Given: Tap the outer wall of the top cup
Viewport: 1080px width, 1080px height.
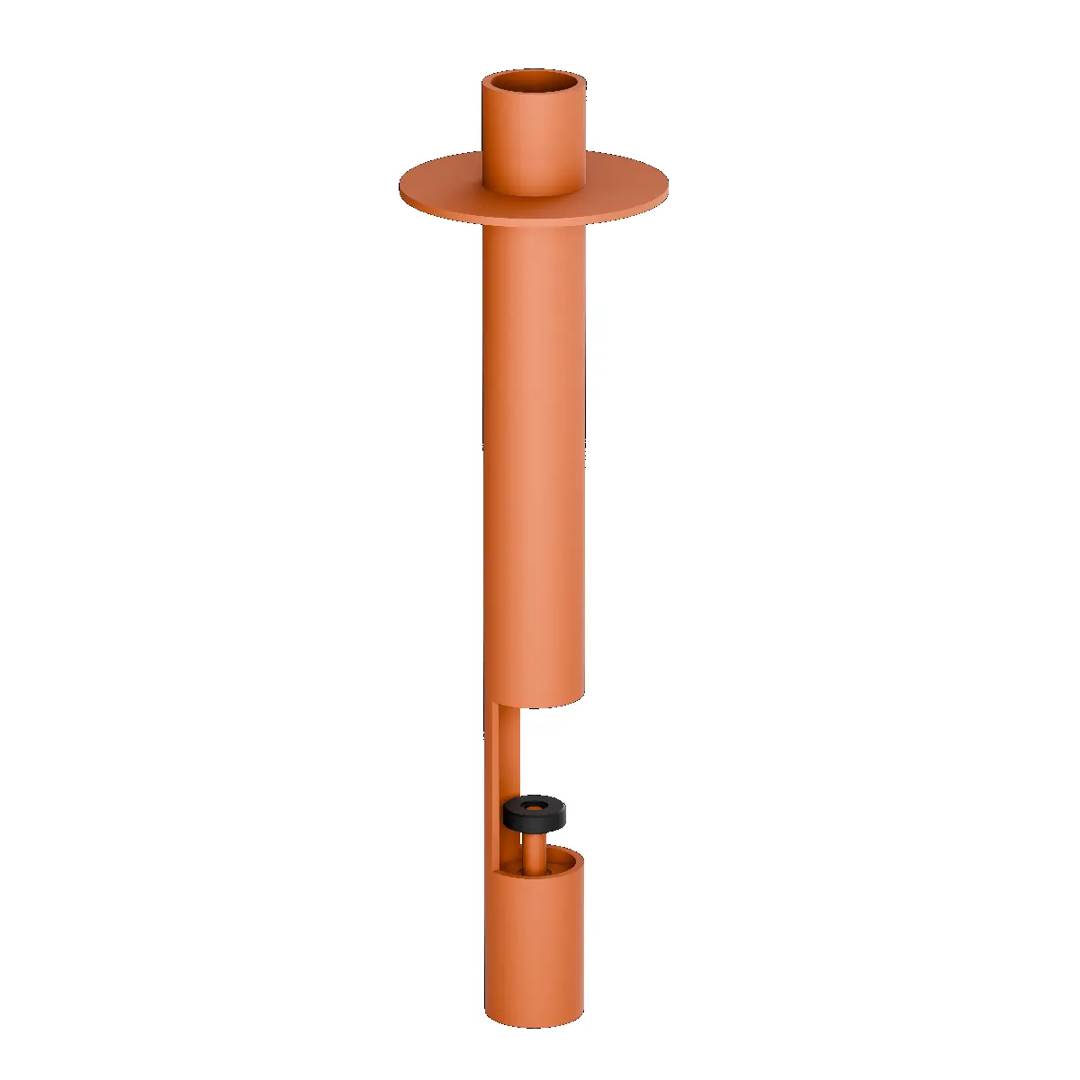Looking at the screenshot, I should [535, 144].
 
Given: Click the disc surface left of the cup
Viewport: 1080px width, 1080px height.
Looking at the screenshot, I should [441, 184].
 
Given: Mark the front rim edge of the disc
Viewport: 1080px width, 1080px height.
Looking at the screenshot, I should [535, 221].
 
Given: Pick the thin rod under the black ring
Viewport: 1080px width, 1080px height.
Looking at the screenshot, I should [535, 850].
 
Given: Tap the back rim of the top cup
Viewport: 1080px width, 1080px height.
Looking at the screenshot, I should [535, 72].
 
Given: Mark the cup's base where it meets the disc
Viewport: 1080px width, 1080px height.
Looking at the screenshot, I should [535, 193].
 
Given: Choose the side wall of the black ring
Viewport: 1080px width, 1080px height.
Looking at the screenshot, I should [535, 822].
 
